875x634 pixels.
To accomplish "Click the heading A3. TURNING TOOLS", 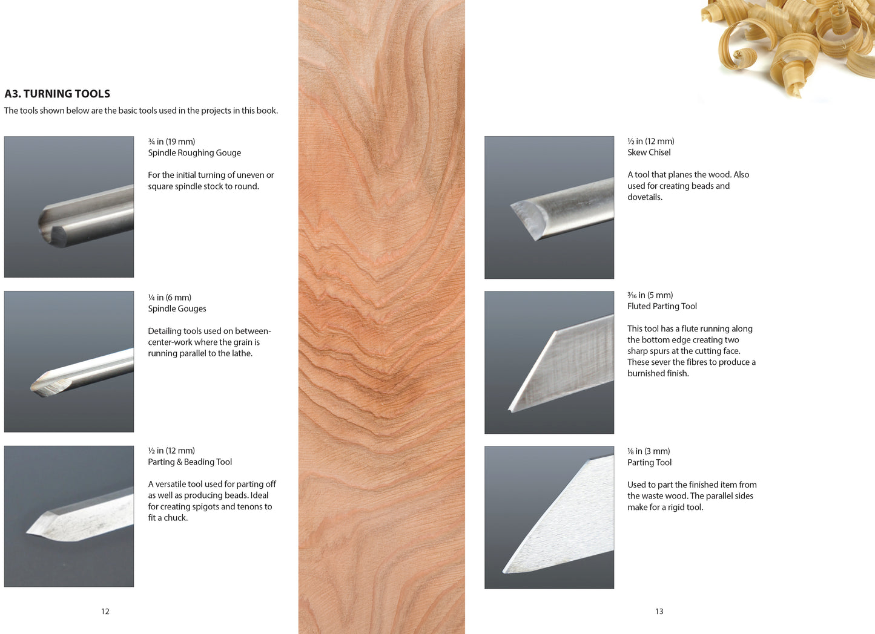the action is pos(58,94).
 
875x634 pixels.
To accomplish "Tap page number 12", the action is pos(105,612).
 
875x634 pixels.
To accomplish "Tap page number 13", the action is pos(659,612).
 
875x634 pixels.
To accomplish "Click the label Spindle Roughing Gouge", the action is pos(194,152).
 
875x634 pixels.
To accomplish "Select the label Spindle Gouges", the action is pos(177,309).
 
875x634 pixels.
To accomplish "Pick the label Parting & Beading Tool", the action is pos(190,462).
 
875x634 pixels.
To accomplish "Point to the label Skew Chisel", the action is pos(649,152).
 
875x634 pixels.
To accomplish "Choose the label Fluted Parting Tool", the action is pos(662,306).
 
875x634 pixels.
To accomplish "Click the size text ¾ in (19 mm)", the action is pos(171,142).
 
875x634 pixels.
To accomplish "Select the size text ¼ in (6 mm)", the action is pos(170,297).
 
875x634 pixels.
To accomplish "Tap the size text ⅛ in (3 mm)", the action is pos(649,451).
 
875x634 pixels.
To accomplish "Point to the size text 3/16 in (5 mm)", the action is pos(650,295).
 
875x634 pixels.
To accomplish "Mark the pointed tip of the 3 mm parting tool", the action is pos(504,572).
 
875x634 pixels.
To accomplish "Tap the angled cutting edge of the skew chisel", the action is pos(523,221).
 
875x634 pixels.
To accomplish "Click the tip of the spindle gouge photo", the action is pos(32,387).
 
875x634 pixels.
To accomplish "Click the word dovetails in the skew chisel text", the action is pos(644,197).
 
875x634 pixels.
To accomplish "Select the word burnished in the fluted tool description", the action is pos(647,373).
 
